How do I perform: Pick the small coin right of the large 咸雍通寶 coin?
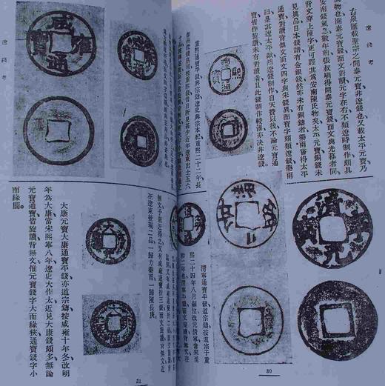[x=137, y=54]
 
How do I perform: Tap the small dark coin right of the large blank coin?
[x=139, y=140]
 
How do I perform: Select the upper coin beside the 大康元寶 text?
[x=108, y=241]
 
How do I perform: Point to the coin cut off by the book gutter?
[x=188, y=224]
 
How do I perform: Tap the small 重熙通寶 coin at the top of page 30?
[x=227, y=77]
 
